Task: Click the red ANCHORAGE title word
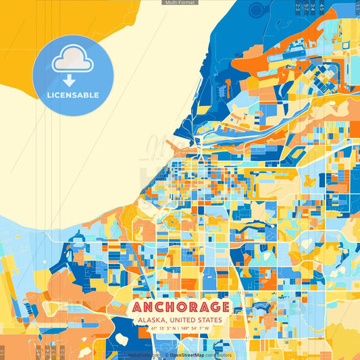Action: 180,307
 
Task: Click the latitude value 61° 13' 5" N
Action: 157,329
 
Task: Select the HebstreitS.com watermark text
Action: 144,355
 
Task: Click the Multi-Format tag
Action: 180,3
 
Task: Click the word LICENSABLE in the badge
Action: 73,95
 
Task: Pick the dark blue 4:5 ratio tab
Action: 322,7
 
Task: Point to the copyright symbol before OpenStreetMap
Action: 166,355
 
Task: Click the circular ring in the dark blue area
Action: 257,9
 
